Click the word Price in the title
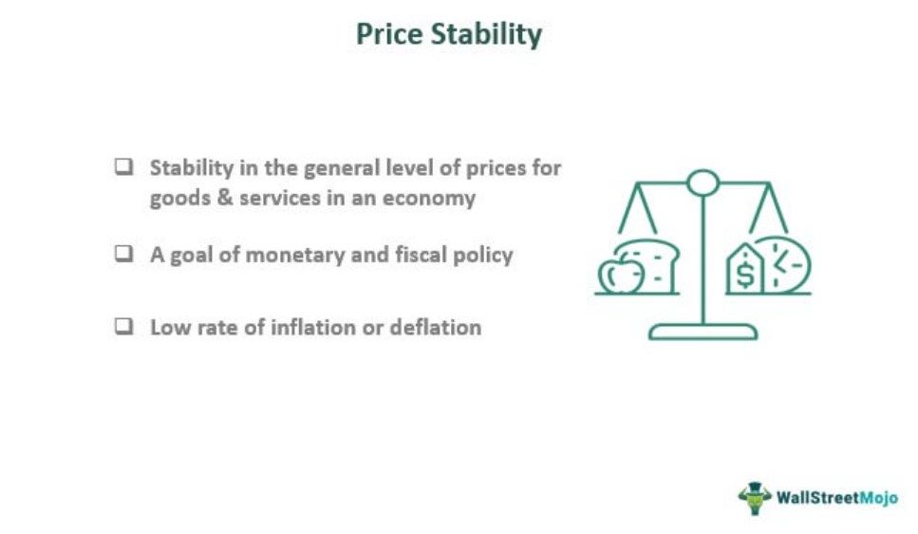pyautogui.click(x=388, y=33)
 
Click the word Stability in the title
pyautogui.click(x=486, y=34)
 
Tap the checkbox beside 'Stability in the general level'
pyautogui.click(x=123, y=167)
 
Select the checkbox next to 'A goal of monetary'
pyautogui.click(x=123, y=254)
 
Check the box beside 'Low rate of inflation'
pyautogui.click(x=123, y=327)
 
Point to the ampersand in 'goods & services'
pyautogui.click(x=225, y=198)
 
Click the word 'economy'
pyautogui.click(x=429, y=200)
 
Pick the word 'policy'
pyautogui.click(x=483, y=256)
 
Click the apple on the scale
pyautogui.click(x=621, y=274)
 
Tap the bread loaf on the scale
pyautogui.click(x=650, y=264)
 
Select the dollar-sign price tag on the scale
pyautogui.click(x=744, y=270)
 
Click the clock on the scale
pyautogui.click(x=783, y=265)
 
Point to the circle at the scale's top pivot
pyautogui.click(x=703, y=182)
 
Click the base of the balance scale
pyautogui.click(x=703, y=332)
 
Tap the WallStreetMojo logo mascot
pyautogui.click(x=754, y=498)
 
